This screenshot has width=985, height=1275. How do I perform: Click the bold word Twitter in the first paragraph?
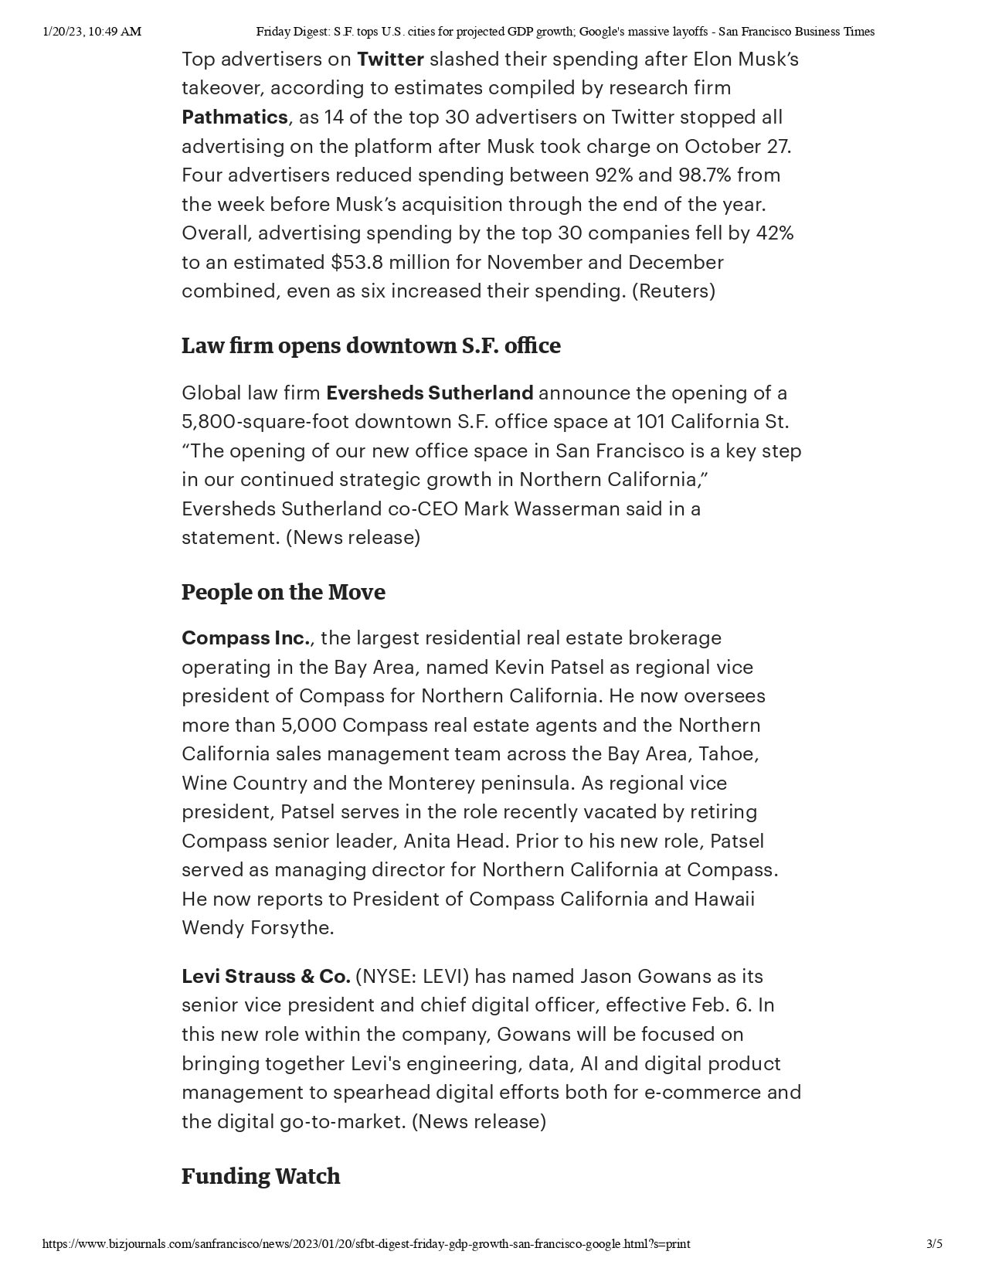point(390,59)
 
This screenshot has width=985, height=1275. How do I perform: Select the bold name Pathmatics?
point(234,117)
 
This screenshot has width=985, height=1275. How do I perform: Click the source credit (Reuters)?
point(673,291)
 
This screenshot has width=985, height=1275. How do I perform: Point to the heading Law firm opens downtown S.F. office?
point(371,345)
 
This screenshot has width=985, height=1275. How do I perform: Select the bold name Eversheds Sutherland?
point(430,393)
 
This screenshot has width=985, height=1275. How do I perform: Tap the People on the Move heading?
point(283,592)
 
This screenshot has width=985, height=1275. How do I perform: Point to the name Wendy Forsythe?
point(257,928)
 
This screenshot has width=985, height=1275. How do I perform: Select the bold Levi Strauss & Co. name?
point(266,977)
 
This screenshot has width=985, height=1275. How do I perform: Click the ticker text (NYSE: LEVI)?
point(413,977)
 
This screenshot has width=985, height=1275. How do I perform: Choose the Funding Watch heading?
point(260,1176)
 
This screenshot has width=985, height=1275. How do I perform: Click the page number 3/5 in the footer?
point(934,1244)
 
